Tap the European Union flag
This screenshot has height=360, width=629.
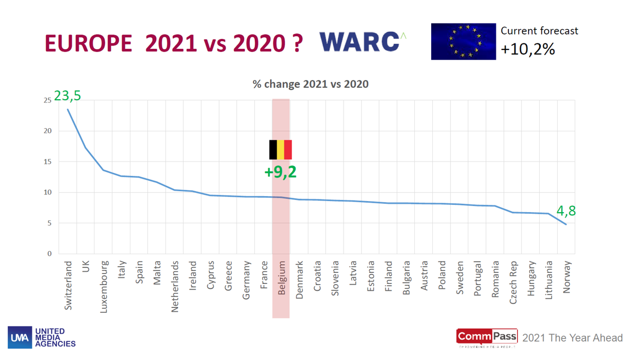(x=463, y=41)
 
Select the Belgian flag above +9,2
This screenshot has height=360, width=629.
(x=280, y=150)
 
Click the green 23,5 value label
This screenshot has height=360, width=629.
(x=67, y=95)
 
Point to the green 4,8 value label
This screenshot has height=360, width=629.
(x=566, y=212)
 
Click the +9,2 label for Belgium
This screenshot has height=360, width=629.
(x=280, y=172)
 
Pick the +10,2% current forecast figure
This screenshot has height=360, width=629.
(x=528, y=50)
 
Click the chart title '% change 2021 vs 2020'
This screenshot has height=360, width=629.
(x=310, y=84)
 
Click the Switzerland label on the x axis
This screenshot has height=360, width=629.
(x=68, y=285)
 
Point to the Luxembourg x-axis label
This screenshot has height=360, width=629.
(x=104, y=287)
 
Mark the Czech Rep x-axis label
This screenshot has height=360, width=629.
(x=513, y=283)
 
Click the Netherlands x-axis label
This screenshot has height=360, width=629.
(x=175, y=287)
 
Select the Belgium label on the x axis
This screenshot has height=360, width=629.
(x=282, y=279)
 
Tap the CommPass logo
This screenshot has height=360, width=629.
(x=487, y=338)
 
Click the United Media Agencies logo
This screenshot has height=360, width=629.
(x=42, y=338)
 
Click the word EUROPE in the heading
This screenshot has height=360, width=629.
(x=88, y=44)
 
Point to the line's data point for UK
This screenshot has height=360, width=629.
(x=85, y=147)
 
